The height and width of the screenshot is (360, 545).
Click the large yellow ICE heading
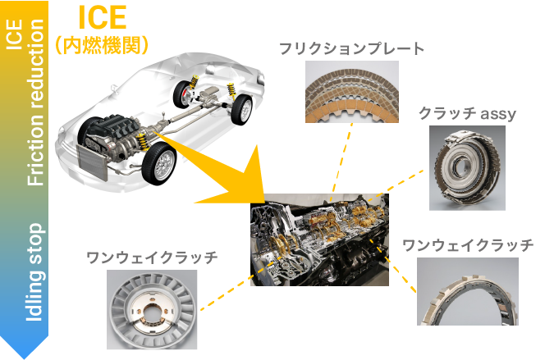pyautogui.click(x=102, y=17)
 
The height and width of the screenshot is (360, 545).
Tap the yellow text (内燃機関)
pyautogui.click(x=102, y=45)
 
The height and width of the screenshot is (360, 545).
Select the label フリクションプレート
pyautogui.click(x=352, y=49)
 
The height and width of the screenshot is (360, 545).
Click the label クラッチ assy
pyautogui.click(x=467, y=113)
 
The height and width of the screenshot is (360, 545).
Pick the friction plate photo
pyautogui.click(x=352, y=92)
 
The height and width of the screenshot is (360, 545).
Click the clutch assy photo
pyautogui.click(x=467, y=168)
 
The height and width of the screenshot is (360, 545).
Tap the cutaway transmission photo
pyautogui.click(x=319, y=240)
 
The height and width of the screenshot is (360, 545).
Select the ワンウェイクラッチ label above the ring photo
pyautogui.click(x=468, y=245)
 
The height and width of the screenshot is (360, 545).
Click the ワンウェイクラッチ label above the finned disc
pyautogui.click(x=152, y=257)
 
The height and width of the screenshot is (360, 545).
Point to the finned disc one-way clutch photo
pyautogui.click(x=152, y=310)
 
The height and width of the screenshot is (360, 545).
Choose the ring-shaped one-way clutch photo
pyautogui.click(x=468, y=292)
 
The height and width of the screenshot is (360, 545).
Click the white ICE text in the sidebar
pyautogui.click(x=14, y=34)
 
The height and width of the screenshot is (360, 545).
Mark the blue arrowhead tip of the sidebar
pyautogui.click(x=25, y=358)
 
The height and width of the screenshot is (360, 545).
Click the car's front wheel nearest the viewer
pyautogui.click(x=159, y=163)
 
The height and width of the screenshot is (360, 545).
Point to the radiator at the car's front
pyautogui.click(x=92, y=162)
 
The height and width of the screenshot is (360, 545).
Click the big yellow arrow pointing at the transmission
pyautogui.click(x=222, y=174)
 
